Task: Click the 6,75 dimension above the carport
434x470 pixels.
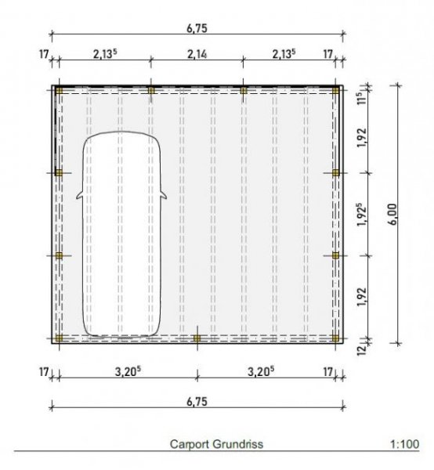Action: (196, 27)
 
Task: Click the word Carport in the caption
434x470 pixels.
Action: (189, 443)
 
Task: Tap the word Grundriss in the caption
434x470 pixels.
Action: (237, 443)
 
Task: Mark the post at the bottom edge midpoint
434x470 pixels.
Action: (197, 338)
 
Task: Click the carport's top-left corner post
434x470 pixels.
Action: (60, 91)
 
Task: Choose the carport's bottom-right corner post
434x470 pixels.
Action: (335, 338)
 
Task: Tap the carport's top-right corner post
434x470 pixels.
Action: (335, 91)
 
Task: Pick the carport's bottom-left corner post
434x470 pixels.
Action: (60, 338)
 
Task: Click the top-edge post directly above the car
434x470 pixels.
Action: (151, 91)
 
